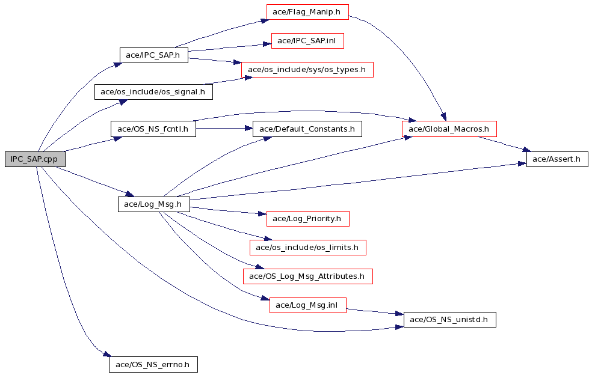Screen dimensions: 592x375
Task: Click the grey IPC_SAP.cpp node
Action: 35,159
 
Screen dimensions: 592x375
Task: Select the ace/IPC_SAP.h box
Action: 153,55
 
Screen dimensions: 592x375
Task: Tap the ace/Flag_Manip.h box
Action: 307,11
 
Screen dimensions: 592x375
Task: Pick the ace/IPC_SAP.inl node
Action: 307,41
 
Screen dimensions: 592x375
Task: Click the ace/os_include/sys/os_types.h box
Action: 307,70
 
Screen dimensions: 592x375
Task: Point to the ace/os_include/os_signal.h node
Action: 153,92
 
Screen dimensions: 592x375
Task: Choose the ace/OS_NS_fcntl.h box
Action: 153,129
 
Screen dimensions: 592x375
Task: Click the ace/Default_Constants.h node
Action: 307,129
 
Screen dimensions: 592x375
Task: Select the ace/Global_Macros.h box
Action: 449,129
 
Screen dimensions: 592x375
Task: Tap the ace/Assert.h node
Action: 557,159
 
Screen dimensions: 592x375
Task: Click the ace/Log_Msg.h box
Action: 153,204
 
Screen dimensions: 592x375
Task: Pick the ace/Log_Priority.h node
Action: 307,219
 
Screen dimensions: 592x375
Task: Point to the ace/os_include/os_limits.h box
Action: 307,248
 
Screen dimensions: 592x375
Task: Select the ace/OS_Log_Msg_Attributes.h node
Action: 307,276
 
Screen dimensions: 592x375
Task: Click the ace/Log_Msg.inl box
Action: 307,305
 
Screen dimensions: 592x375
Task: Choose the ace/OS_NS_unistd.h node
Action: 449,320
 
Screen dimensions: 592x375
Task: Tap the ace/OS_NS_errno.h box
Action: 153,364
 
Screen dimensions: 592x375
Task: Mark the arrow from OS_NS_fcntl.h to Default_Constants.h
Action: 224,129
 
